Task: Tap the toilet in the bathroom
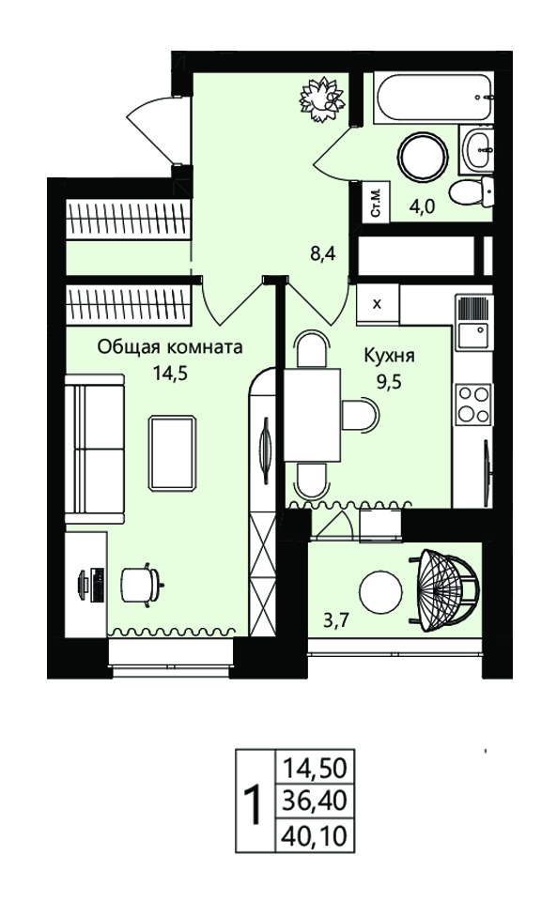pos(472,191)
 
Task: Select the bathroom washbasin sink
pos(477,149)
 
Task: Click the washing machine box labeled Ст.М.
pos(376,202)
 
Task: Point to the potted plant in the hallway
pos(321,99)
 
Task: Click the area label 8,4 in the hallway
pos(322,254)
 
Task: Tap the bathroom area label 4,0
pos(424,206)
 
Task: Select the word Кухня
pos(389,356)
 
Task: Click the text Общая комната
pos(169,348)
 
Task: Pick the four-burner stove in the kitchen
pos(473,404)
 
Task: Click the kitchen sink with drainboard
pos(474,322)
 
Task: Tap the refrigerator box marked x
pos(378,304)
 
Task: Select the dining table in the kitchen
pos(313,415)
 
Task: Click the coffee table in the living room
pos(173,452)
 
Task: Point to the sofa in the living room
pos(94,450)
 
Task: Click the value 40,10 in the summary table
pos(315,836)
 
